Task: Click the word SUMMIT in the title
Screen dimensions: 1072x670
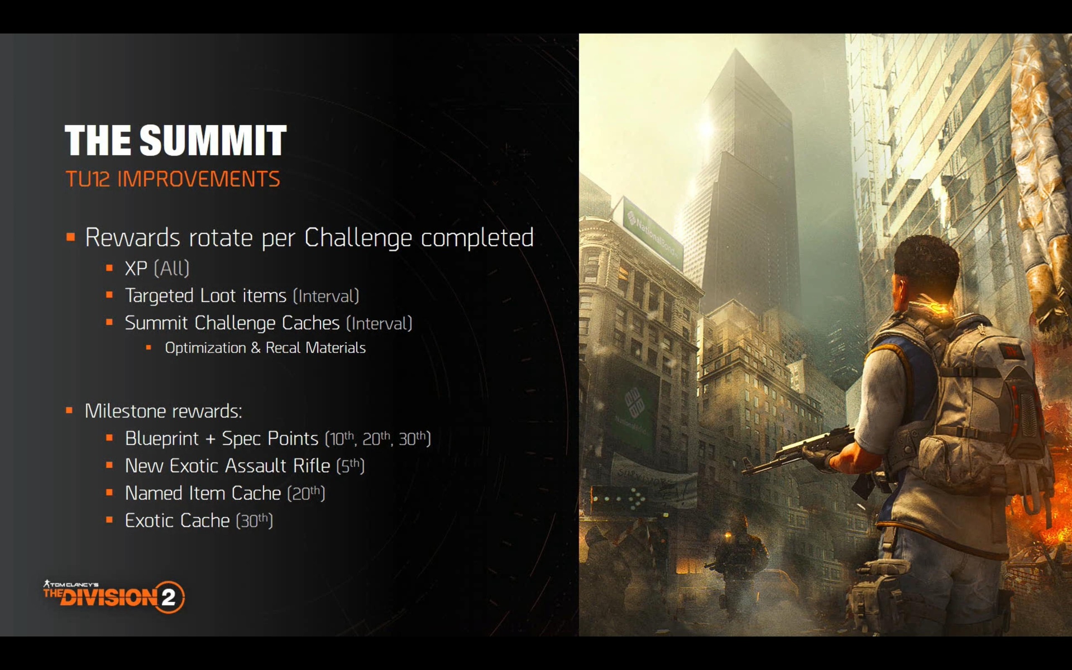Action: (213, 140)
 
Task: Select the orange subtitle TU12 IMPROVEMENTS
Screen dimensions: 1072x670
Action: (173, 179)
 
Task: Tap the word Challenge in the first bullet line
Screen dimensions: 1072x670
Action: (358, 238)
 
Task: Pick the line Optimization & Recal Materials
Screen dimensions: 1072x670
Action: (265, 348)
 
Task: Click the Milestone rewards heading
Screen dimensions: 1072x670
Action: (163, 411)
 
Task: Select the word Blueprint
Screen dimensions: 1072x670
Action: (162, 439)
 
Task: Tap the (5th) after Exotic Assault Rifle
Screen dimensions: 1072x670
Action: (350, 466)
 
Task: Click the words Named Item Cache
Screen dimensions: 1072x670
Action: (203, 493)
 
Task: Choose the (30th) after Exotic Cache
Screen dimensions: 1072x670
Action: (254, 521)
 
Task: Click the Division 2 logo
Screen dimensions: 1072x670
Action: (114, 596)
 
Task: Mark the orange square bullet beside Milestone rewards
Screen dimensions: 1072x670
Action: (69, 410)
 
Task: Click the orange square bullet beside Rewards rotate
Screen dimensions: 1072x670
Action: (70, 237)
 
